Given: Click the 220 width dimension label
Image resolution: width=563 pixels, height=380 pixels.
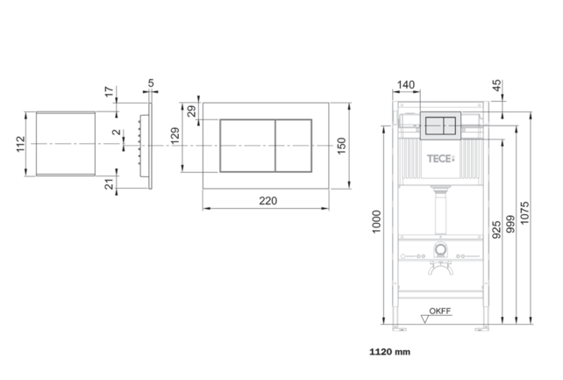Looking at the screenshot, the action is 267,201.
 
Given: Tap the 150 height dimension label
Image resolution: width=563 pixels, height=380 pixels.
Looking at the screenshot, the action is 341,146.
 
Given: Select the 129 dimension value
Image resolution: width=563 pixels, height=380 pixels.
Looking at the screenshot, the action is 175,135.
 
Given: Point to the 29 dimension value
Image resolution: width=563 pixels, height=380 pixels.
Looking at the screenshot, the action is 192,111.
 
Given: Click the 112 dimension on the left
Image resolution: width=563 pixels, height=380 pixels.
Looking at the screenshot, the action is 21,144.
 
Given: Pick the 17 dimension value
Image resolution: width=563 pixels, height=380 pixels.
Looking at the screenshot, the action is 109,91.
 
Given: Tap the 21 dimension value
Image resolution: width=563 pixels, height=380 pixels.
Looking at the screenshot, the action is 109,184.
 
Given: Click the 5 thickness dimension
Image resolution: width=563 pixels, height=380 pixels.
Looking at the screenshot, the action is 151,83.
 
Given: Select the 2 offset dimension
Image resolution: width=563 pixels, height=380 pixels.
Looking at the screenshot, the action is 117,132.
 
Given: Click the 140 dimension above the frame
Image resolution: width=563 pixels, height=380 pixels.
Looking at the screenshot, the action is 406,85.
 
